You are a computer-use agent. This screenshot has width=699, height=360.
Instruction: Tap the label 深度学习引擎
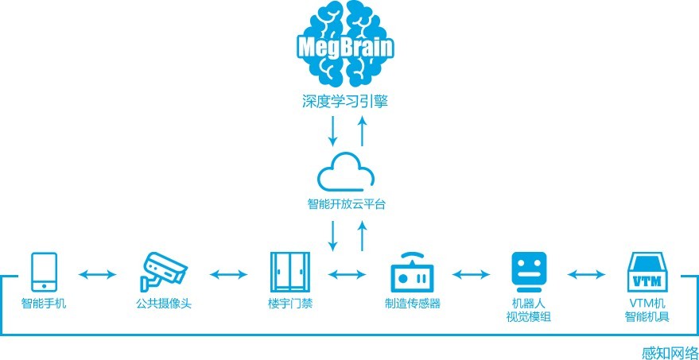click(x=347, y=103)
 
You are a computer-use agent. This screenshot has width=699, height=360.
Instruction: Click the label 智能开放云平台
click(x=347, y=204)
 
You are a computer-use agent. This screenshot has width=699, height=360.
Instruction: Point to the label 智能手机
click(x=44, y=304)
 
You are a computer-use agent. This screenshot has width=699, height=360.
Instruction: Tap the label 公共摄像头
click(x=163, y=304)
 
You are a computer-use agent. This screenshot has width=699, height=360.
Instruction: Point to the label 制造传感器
click(x=412, y=304)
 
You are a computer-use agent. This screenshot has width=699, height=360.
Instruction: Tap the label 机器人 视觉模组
click(x=529, y=311)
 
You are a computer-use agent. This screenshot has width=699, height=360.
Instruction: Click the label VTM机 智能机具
click(x=646, y=311)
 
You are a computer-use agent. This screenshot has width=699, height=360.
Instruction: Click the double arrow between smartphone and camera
click(x=99, y=274)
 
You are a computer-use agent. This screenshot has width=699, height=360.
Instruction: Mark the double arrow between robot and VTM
click(x=587, y=274)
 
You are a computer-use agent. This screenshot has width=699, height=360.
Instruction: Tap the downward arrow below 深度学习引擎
click(x=332, y=130)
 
